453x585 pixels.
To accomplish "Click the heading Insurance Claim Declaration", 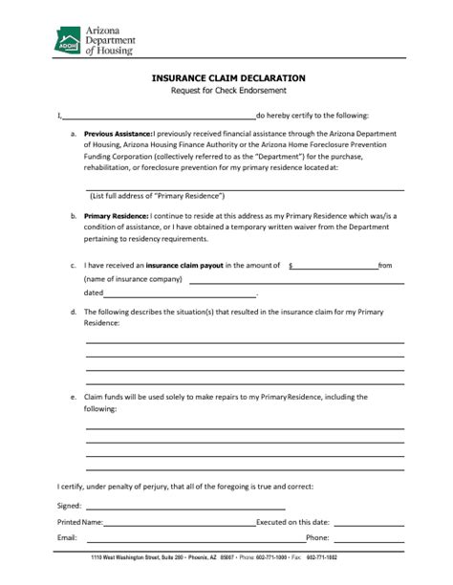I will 228,76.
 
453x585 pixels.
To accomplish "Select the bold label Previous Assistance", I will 119,134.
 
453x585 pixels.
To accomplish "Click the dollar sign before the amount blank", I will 291,266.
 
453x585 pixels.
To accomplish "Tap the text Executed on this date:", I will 293,523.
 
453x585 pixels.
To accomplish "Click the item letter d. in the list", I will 75,312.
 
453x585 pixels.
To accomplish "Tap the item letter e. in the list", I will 75,395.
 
